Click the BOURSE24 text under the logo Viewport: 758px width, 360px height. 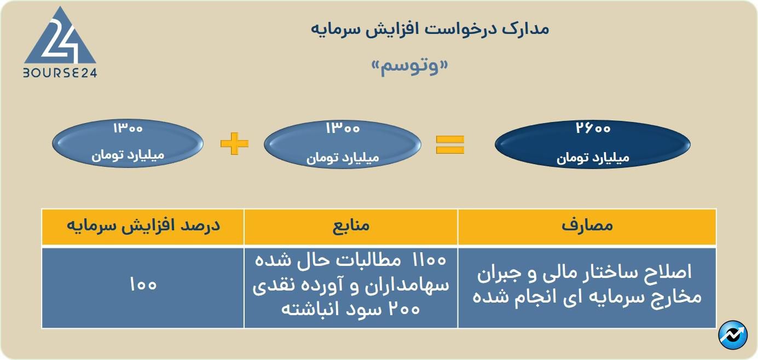click(60, 73)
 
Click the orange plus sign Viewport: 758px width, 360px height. click(234, 144)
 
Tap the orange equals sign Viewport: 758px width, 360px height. click(450, 144)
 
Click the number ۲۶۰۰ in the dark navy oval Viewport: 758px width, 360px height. click(593, 129)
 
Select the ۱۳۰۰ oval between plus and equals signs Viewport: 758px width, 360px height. click(343, 144)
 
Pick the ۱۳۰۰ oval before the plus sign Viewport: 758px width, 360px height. click(128, 144)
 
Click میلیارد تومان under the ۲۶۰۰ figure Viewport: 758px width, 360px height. click(593, 158)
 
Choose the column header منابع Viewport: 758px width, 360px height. click(351, 227)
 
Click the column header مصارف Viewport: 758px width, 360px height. click(587, 227)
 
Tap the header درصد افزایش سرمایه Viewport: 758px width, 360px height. click(143, 227)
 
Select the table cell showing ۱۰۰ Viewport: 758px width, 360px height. click(143, 286)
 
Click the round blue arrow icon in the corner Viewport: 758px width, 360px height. click(733, 335)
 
